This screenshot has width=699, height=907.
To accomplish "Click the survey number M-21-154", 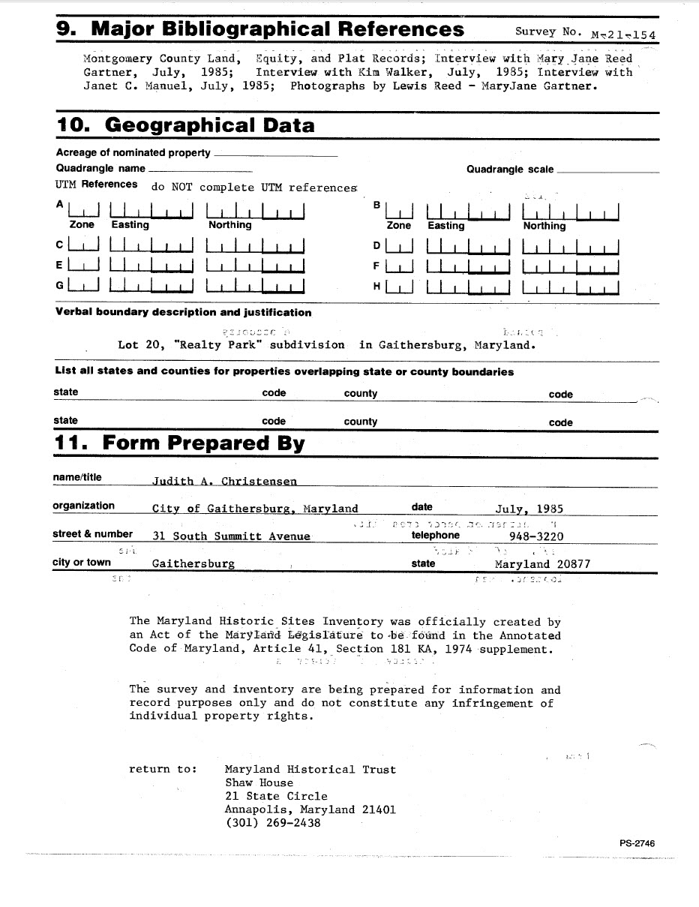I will [x=623, y=34].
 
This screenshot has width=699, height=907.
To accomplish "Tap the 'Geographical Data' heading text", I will [x=209, y=125].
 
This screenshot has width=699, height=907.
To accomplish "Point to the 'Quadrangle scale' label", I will [x=510, y=170].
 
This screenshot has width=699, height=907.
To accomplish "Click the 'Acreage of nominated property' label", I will [x=133, y=153].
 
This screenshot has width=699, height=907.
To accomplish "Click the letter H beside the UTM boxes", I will [x=377, y=286].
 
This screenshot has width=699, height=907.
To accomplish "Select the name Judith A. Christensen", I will [x=224, y=482].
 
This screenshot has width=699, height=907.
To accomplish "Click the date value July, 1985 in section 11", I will [x=529, y=509].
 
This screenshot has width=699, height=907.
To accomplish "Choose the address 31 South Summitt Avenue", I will [x=231, y=536].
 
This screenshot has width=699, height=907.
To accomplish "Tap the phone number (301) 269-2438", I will [x=272, y=823].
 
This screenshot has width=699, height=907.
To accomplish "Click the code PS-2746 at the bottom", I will [x=637, y=843].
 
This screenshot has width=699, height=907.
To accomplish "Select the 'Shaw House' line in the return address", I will [x=259, y=782].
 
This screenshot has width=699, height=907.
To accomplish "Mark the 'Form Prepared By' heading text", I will [x=203, y=443].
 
